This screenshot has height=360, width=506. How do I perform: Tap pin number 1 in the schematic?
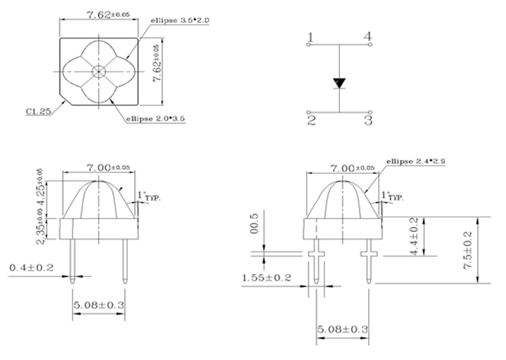click(311, 37)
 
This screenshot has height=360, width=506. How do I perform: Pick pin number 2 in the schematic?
click(311, 120)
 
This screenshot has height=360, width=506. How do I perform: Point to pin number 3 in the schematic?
click(368, 120)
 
